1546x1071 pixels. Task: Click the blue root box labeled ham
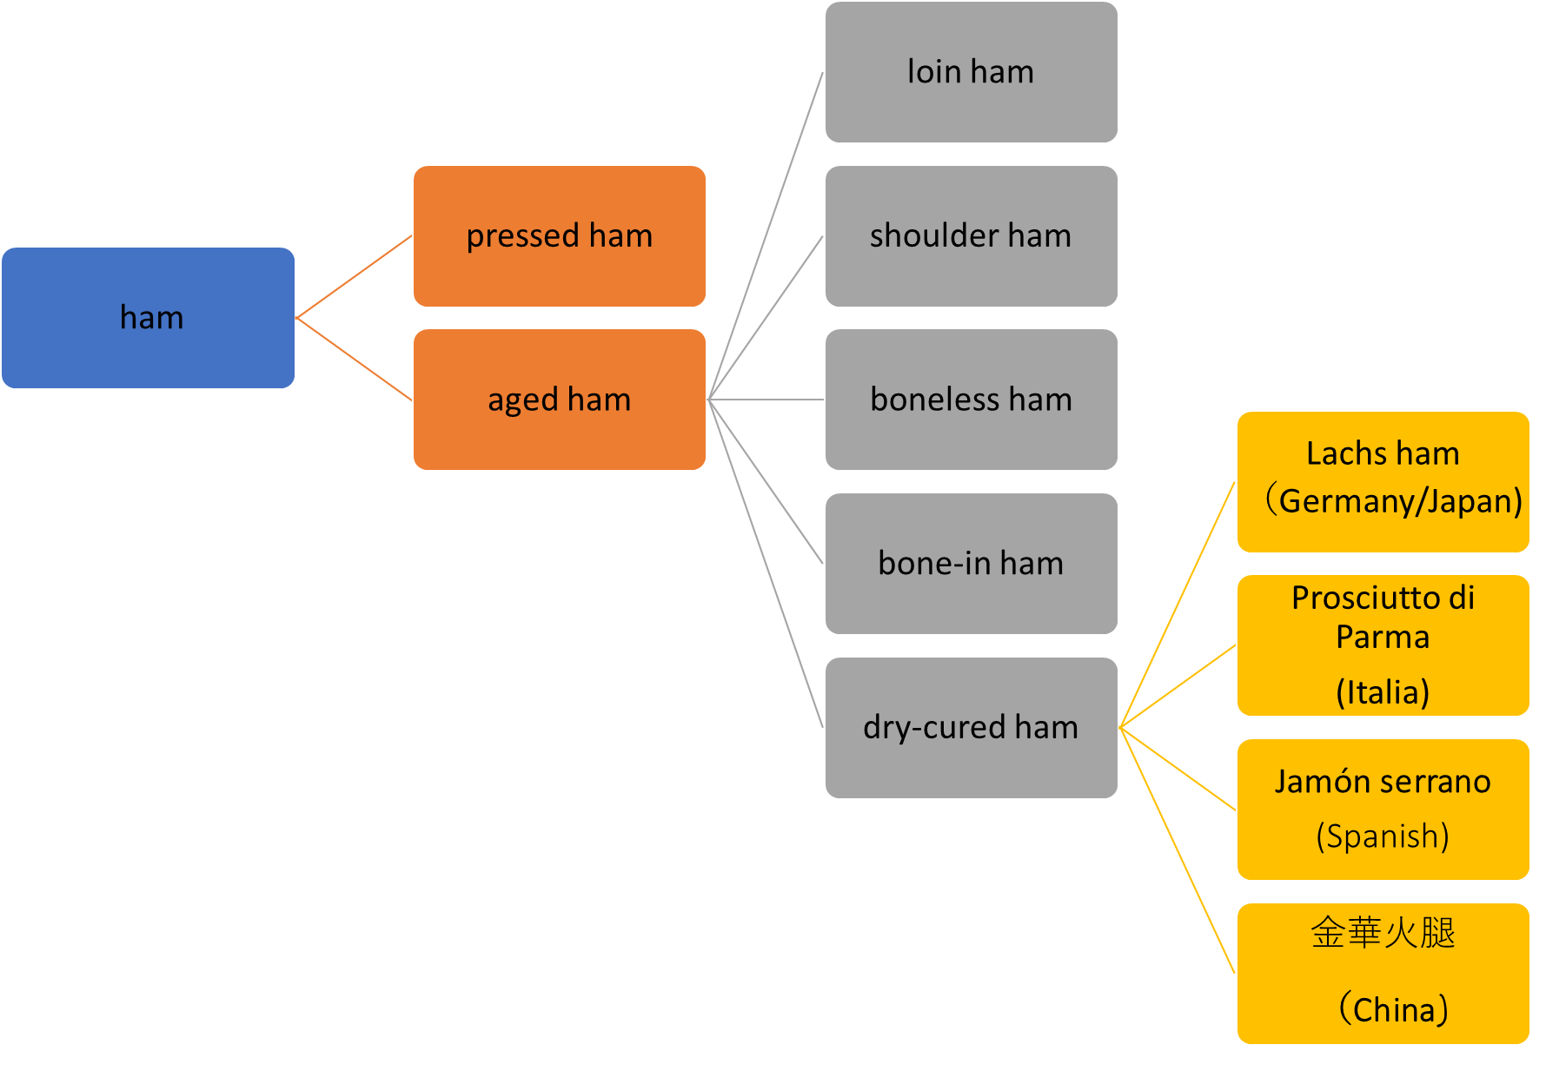(x=148, y=318)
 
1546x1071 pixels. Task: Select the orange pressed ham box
(x=560, y=236)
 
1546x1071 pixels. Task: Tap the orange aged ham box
(x=560, y=400)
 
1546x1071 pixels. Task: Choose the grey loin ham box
(x=972, y=72)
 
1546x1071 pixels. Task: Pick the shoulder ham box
(x=972, y=236)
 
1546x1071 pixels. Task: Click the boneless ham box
(x=972, y=400)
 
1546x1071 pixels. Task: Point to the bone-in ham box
(x=972, y=564)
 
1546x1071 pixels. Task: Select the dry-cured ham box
(x=972, y=728)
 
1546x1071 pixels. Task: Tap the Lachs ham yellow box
(x=1383, y=482)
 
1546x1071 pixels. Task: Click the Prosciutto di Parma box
(x=1383, y=645)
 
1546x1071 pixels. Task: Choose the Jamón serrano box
(x=1383, y=810)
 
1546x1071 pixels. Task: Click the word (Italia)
(x=1383, y=692)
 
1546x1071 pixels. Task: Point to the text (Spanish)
(x=1383, y=836)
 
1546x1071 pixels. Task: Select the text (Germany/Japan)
(x=1393, y=501)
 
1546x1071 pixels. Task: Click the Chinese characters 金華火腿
(x=1383, y=933)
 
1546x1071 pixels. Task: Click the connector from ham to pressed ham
(x=354, y=277)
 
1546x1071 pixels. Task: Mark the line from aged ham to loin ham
(x=766, y=236)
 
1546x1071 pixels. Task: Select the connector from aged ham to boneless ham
(x=766, y=400)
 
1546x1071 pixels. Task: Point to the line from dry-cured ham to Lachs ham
(x=1178, y=605)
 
